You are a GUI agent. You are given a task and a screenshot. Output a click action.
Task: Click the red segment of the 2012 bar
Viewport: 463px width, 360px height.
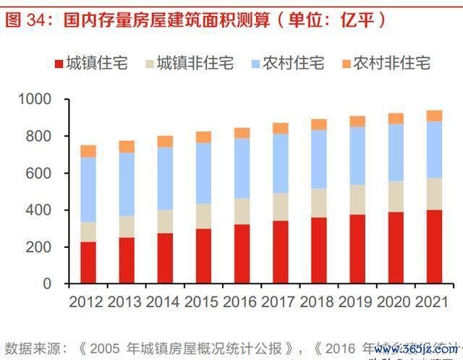point(88,262)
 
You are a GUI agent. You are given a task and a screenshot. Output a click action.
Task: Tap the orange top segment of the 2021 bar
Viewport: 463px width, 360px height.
point(434,116)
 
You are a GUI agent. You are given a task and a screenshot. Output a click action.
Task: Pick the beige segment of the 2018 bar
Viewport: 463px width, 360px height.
point(318,203)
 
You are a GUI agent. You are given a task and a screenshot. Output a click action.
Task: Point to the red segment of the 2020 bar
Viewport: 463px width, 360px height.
point(396,247)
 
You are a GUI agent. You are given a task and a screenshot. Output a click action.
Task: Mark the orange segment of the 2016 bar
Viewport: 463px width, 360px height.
point(242,133)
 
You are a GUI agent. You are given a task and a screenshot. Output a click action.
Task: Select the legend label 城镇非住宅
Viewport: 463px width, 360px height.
point(195,64)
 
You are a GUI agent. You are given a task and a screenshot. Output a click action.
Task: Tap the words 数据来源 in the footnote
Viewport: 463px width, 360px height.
point(30,345)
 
